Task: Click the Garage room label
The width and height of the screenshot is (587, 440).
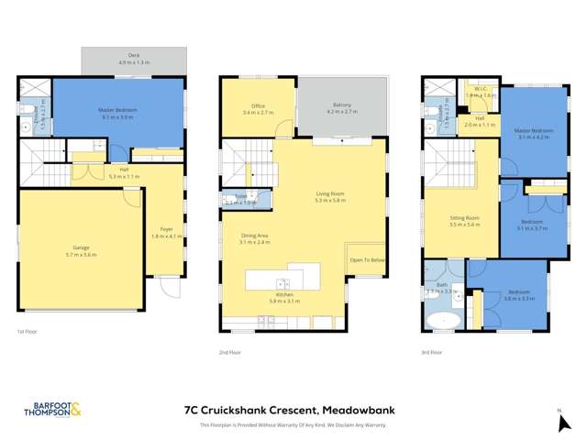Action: [x=80, y=247]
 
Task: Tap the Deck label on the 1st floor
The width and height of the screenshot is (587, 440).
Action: [x=134, y=58]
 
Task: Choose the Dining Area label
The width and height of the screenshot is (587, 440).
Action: [x=254, y=238]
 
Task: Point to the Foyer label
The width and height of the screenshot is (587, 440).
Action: [x=167, y=231]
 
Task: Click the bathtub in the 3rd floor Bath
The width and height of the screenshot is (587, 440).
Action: [x=444, y=322]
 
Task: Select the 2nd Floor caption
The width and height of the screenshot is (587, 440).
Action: [x=230, y=352]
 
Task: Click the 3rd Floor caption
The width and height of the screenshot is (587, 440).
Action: [x=432, y=352]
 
